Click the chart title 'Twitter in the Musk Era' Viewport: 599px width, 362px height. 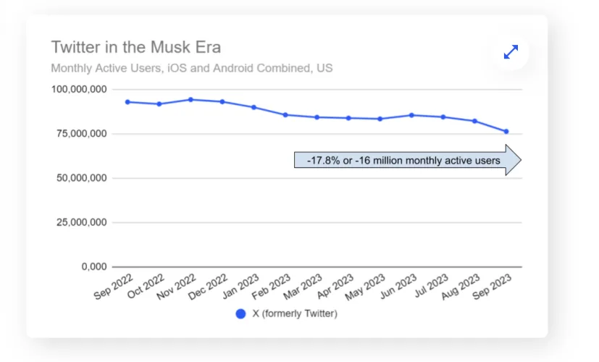click(x=136, y=48)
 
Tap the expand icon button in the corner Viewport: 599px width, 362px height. click(x=511, y=52)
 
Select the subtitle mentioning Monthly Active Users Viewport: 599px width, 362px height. click(x=192, y=69)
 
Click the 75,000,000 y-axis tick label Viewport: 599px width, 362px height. click(x=80, y=134)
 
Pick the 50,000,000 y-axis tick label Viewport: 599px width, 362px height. click(x=80, y=178)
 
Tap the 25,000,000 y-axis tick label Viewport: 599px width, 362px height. click(x=80, y=222)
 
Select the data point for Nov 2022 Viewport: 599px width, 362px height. click(x=190, y=99)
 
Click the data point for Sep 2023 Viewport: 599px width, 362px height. click(x=506, y=131)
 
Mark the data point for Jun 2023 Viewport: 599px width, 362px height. click(x=411, y=114)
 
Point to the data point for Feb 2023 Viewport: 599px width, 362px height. click(x=285, y=114)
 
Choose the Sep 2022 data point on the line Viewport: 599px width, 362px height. click(x=127, y=101)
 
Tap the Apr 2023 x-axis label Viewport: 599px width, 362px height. click(x=335, y=287)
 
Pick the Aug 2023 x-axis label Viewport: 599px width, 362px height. click(x=461, y=287)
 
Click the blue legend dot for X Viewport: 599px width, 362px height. click(x=241, y=314)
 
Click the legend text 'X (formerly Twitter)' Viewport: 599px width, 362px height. click(x=295, y=314)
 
